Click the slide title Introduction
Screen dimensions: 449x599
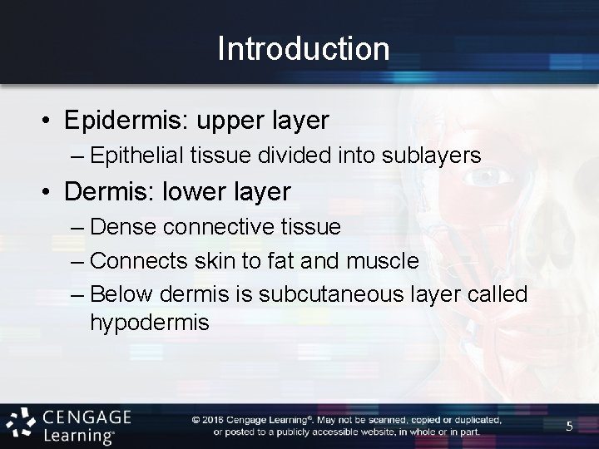click(303, 49)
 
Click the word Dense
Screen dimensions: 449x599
click(117, 227)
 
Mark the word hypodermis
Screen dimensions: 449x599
click(150, 322)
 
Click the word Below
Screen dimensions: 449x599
click(118, 295)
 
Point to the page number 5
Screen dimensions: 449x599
click(569, 427)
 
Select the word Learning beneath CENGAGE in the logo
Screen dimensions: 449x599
click(88, 435)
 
